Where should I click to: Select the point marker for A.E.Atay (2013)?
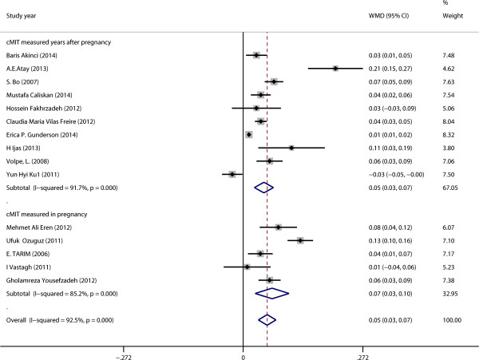coord(335,69)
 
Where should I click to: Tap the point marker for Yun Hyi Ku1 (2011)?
coord(232,174)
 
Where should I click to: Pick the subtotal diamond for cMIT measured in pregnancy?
coord(271,293)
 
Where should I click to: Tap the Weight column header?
coord(451,15)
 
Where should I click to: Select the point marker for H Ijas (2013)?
coord(291,148)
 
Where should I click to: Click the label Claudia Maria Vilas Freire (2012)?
coord(56,121)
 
